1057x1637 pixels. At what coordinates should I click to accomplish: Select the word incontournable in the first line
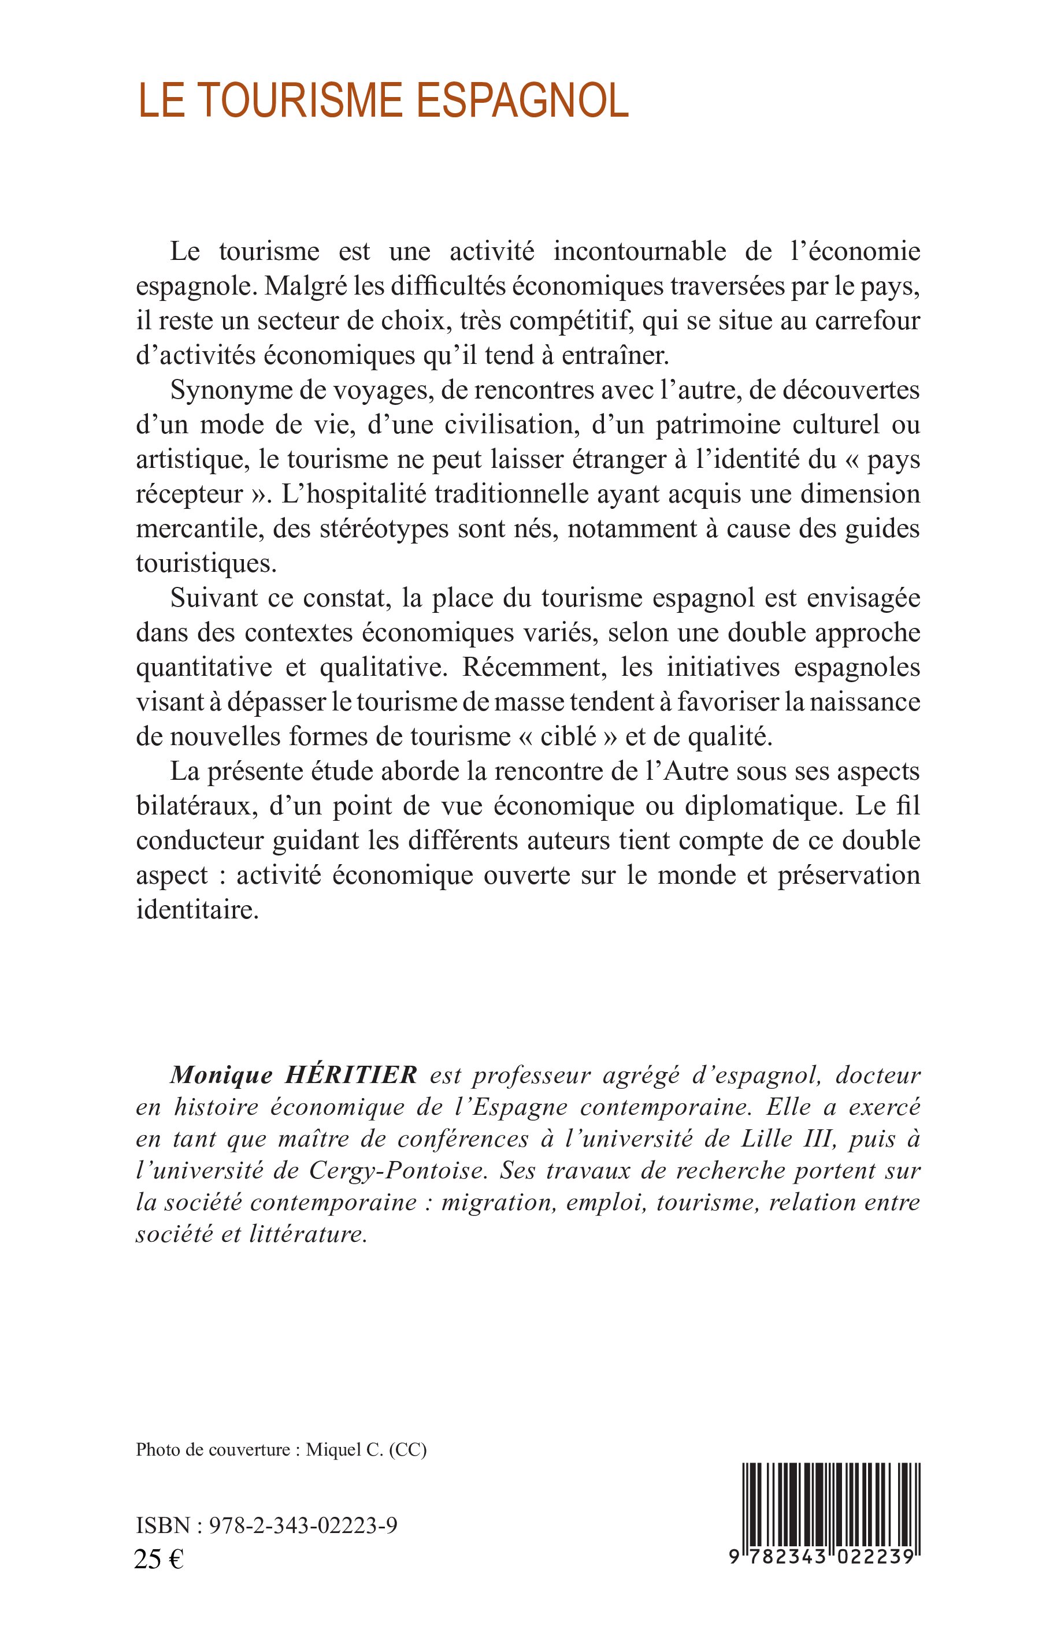639,251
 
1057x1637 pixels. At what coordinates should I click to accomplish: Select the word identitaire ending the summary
196,910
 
